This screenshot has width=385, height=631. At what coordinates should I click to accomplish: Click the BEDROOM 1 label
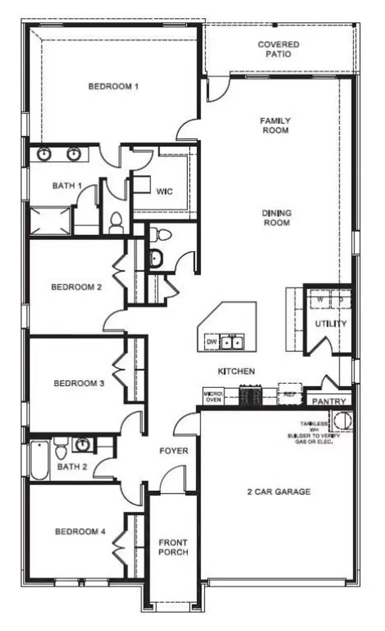pyautogui.click(x=114, y=87)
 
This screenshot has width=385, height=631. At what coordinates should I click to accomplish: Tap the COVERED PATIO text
pyautogui.click(x=279, y=49)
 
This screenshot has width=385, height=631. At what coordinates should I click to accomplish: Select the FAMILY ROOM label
pyautogui.click(x=276, y=126)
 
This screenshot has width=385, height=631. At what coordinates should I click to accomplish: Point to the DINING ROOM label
pyautogui.click(x=276, y=218)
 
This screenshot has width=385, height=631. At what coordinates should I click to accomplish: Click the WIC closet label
pyautogui.click(x=164, y=191)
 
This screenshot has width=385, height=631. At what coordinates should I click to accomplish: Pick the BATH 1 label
pyautogui.click(x=67, y=186)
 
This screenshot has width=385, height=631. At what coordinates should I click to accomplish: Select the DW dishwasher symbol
pyautogui.click(x=211, y=342)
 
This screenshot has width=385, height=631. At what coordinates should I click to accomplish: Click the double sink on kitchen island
pyautogui.click(x=232, y=342)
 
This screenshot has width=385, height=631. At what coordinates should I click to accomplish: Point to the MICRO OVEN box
pyautogui.click(x=211, y=397)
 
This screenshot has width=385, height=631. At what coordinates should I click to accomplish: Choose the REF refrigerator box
pyautogui.click(x=289, y=393)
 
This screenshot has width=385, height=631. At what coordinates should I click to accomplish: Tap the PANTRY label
pyautogui.click(x=329, y=402)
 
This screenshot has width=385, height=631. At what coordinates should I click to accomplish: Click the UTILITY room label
pyautogui.click(x=331, y=324)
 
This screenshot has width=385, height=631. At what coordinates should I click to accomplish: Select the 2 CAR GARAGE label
pyautogui.click(x=279, y=492)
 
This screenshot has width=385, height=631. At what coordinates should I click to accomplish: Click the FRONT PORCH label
pyautogui.click(x=174, y=547)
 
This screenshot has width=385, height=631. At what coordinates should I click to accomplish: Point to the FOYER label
pyautogui.click(x=174, y=451)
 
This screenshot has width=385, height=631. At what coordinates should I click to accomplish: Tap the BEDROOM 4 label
pyautogui.click(x=80, y=532)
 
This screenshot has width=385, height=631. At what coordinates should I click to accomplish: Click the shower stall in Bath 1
pyautogui.click(x=50, y=221)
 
